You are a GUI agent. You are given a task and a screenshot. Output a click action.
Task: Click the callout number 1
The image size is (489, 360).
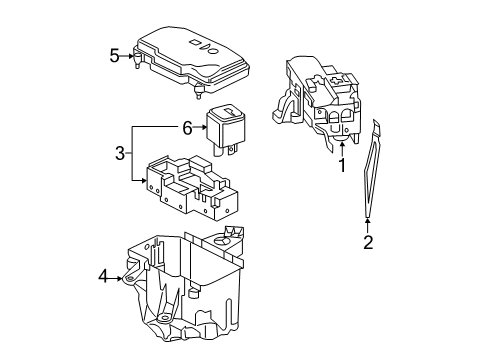pos(342,165)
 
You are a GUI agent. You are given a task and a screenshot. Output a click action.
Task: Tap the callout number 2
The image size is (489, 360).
pos(368,242)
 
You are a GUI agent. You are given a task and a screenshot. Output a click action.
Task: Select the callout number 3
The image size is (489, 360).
pos(120,153)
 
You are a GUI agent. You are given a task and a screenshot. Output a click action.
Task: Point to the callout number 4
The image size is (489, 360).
pos(104,276)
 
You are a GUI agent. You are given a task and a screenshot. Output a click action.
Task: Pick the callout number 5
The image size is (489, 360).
pos(114,56)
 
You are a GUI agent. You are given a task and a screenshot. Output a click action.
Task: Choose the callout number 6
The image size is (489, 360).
pos(187,128)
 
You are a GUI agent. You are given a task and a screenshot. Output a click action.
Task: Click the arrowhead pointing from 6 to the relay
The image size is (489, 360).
pos(204,127)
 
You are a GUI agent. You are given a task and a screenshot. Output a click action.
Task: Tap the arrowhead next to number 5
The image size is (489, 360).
pos(130,56)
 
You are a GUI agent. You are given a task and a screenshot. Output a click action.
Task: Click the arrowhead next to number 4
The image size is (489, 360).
pos(119,278)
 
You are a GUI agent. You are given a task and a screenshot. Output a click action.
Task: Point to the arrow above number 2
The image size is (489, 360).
pos(368,225)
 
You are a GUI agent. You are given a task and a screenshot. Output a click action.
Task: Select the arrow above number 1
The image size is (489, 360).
pos(342,149)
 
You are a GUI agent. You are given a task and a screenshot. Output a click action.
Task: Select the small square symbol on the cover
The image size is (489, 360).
pos(193,42)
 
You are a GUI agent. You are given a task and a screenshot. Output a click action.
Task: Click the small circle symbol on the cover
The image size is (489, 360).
pos(214,51)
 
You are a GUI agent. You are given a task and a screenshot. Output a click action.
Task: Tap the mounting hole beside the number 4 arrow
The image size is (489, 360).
pos(130,278)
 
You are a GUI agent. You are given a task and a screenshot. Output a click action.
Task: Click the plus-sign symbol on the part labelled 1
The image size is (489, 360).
pos(334,81)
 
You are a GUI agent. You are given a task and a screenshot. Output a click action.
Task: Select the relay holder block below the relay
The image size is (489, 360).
pos(192,187)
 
